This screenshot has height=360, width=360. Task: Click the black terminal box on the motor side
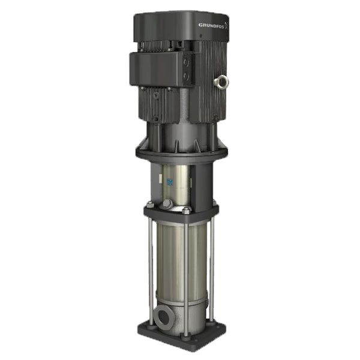pos(161,67)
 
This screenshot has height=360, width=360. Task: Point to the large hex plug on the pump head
pos(167,204)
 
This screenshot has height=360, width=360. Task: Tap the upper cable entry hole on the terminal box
pos(185,61)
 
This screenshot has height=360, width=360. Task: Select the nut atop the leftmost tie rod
pos(149,205)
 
